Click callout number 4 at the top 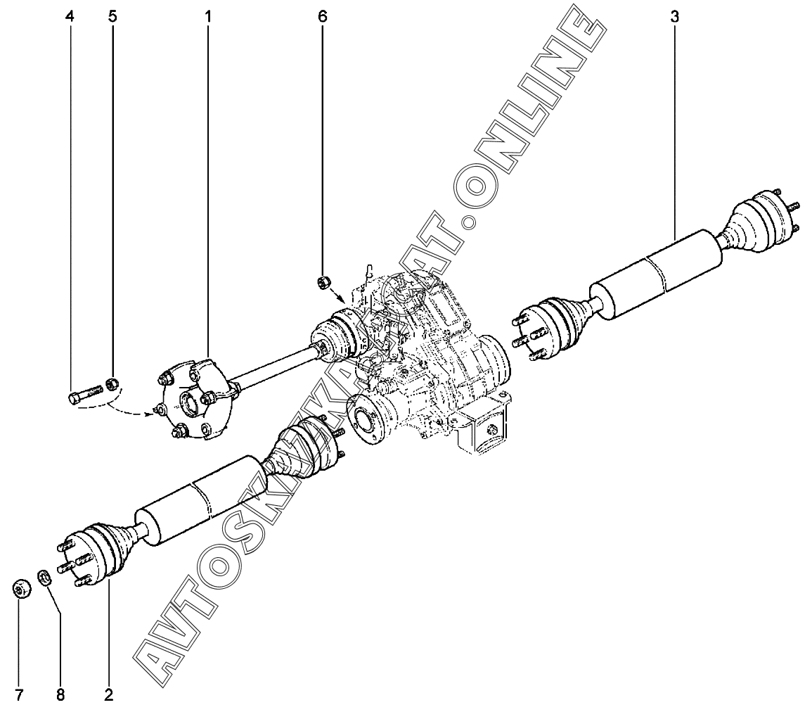point(69,16)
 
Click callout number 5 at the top point(112,16)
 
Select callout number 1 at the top point(209,16)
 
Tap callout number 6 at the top point(323,16)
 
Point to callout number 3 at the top point(674,16)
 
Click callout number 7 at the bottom point(19,695)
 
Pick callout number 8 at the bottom point(60,695)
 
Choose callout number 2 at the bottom point(108,695)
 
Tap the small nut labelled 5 point(111,384)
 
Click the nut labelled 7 point(22,588)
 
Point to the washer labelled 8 point(44,578)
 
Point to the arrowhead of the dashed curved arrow point(150,413)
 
